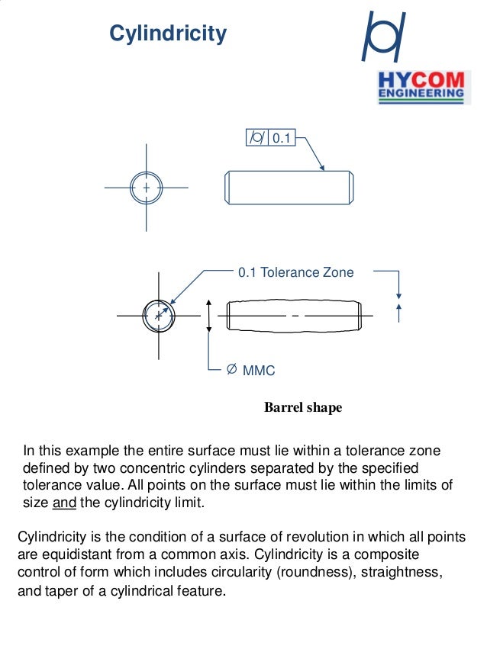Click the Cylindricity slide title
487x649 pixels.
pos(168,34)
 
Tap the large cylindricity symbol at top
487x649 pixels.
pos(384,36)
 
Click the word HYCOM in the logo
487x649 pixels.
pos(421,81)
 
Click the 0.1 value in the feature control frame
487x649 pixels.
pos(282,138)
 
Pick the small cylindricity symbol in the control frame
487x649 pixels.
pos(257,138)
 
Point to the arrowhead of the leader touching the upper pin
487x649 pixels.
pos(323,169)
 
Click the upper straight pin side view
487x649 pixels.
pos(289,188)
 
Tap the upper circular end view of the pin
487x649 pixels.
pos(146,187)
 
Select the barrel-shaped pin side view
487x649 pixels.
pos(294,315)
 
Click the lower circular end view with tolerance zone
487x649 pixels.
pos(159,315)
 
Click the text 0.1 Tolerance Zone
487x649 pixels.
pos(296,272)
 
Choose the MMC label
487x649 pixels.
pos(259,371)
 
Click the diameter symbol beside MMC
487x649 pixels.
pos(231,371)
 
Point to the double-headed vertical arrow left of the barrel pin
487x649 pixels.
pos(208,315)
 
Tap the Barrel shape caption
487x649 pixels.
pos(303,408)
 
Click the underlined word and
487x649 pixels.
pos(65,503)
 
